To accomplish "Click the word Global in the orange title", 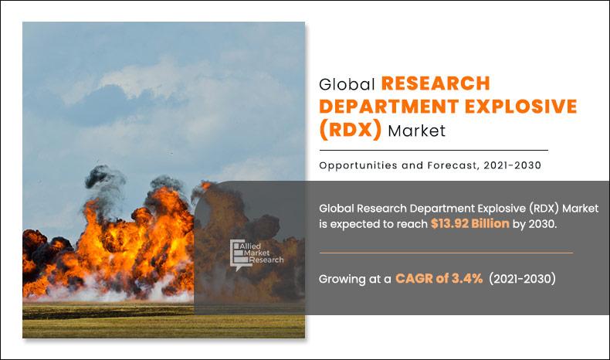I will point(347,84).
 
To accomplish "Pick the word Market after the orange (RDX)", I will point(417,131).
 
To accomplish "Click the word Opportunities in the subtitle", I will point(358,165).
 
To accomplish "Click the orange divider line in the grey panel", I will point(446,253).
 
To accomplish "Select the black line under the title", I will point(433,150).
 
